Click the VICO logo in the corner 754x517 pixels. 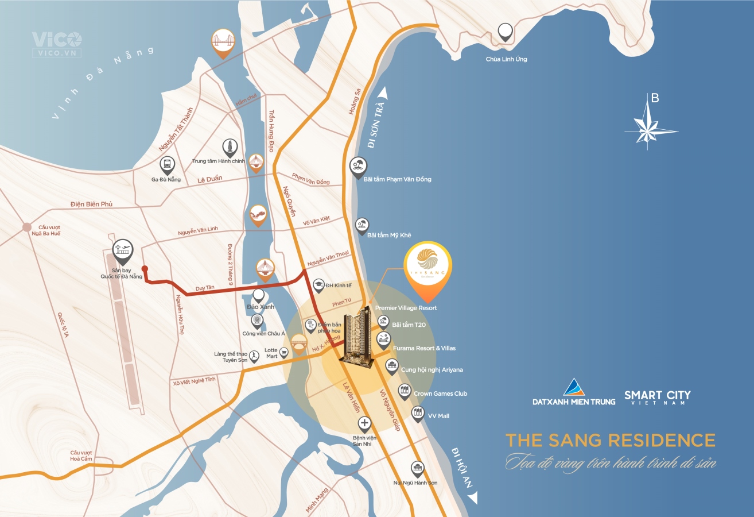[x=57, y=43]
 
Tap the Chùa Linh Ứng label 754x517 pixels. [x=506, y=59]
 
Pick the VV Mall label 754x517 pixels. [x=438, y=416]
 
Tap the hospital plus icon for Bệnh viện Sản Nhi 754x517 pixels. [x=364, y=425]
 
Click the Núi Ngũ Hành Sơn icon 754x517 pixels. [x=417, y=468]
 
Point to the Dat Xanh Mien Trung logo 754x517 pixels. [x=573, y=392]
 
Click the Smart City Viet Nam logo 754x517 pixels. [x=657, y=397]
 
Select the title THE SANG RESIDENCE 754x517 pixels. [x=610, y=441]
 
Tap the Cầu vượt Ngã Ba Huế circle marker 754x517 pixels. [x=26, y=227]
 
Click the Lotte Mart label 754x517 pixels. [x=271, y=353]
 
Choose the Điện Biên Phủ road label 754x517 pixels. [x=91, y=205]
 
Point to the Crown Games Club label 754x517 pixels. [x=440, y=393]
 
